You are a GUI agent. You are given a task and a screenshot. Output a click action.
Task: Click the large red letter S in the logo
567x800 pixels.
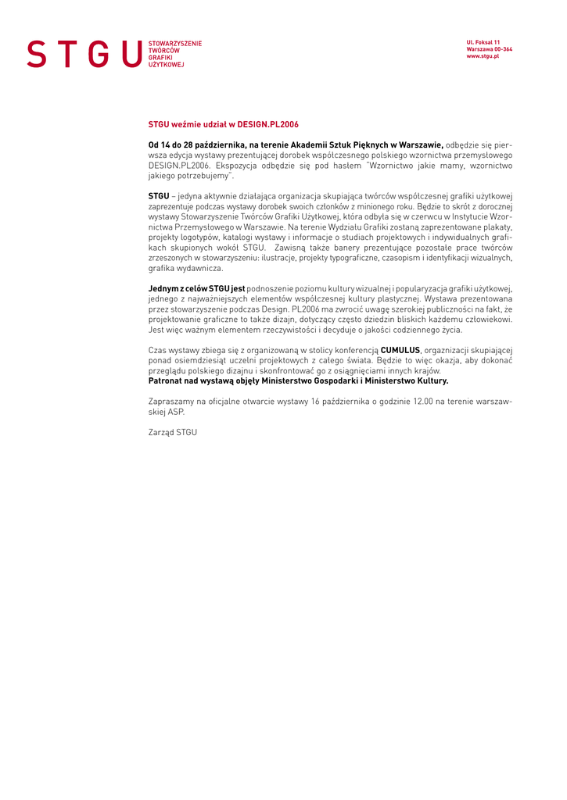pyautogui.click(x=36, y=54)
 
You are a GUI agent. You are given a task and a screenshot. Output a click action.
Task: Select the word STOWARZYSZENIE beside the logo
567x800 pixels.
pyautogui.click(x=174, y=44)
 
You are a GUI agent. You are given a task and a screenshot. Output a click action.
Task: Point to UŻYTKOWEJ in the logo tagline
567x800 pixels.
pyautogui.click(x=166, y=65)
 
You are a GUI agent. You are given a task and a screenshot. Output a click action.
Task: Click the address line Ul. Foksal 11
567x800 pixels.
pyautogui.click(x=483, y=42)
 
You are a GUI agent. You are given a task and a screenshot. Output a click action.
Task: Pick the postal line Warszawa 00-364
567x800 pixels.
pyautogui.click(x=489, y=49)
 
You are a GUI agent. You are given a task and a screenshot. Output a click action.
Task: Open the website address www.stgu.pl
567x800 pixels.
pyautogui.click(x=483, y=56)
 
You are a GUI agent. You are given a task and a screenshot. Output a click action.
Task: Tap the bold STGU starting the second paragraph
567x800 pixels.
pyautogui.click(x=159, y=195)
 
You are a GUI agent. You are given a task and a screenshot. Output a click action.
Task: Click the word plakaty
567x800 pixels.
pyautogui.click(x=498, y=227)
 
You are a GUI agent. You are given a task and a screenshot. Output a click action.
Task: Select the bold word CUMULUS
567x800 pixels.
pyautogui.click(x=400, y=350)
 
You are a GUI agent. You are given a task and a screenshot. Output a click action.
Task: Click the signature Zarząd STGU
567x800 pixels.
pyautogui.click(x=172, y=431)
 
